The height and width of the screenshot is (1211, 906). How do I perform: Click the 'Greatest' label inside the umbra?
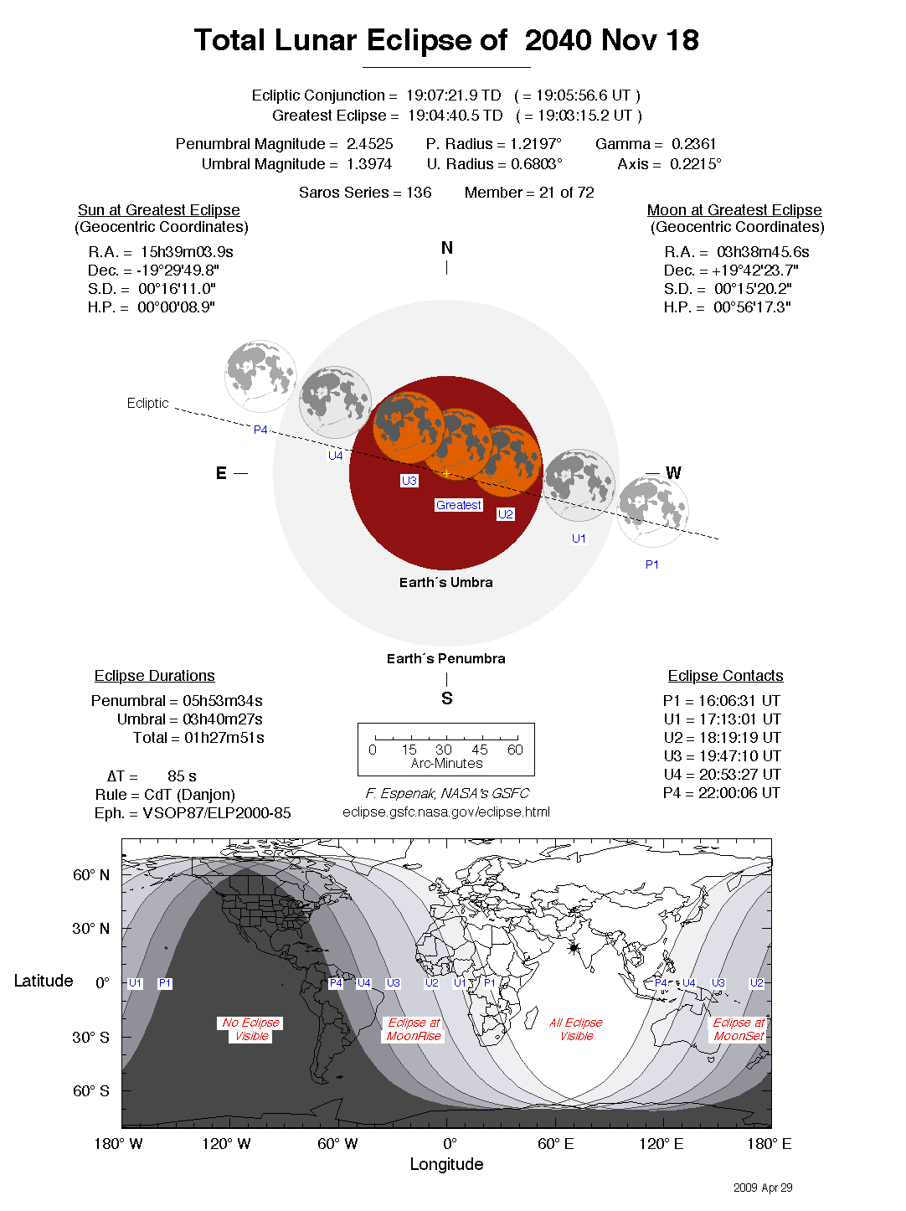pyautogui.click(x=459, y=505)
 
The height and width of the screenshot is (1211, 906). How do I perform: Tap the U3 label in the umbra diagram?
pyautogui.click(x=409, y=481)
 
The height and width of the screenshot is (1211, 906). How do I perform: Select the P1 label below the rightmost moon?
pyautogui.click(x=652, y=564)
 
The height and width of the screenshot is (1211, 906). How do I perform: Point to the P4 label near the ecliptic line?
pyautogui.click(x=260, y=430)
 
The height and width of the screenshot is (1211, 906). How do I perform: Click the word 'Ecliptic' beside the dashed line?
pyautogui.click(x=148, y=403)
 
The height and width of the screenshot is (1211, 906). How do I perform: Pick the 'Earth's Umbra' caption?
pyautogui.click(x=445, y=582)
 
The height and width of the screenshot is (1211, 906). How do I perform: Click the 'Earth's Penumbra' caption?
pyautogui.click(x=445, y=658)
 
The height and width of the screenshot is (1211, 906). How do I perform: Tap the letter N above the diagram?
pyautogui.click(x=447, y=248)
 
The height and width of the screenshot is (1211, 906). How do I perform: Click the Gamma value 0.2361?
pyautogui.click(x=694, y=144)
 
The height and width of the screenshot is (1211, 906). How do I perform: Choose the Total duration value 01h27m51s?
pyautogui.click(x=224, y=738)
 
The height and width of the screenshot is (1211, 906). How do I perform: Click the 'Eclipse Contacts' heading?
pyautogui.click(x=725, y=676)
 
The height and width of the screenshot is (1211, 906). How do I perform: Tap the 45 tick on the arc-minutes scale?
pyautogui.click(x=480, y=750)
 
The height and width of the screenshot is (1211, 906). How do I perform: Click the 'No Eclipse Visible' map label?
pyautogui.click(x=251, y=1029)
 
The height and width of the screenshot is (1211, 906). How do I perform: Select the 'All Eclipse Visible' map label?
pyautogui.click(x=576, y=1029)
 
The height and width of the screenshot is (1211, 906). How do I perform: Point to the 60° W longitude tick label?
pyautogui.click(x=337, y=1144)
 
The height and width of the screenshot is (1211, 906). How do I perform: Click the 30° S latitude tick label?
pyautogui.click(x=91, y=1037)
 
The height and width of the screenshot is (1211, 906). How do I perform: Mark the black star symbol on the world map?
pyautogui.click(x=574, y=948)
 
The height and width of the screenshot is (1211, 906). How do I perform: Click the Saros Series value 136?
pyautogui.click(x=419, y=193)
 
